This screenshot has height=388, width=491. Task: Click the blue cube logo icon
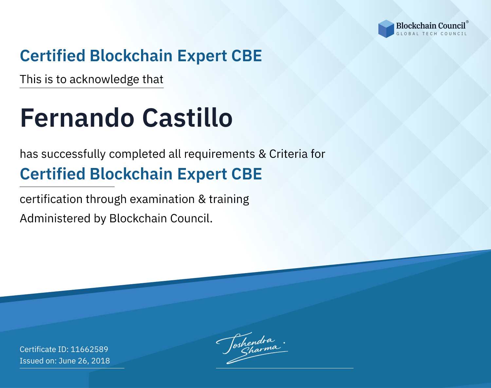tap(386, 29)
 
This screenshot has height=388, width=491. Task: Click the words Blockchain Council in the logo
tap(431, 26)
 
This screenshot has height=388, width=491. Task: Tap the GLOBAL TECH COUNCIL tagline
tap(432, 34)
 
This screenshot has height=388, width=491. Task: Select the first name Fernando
tap(77, 118)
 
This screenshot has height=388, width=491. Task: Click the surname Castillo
tap(187, 118)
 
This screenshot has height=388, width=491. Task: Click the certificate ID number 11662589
tap(89, 349)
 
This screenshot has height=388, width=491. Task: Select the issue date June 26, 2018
tap(84, 360)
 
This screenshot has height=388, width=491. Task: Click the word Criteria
tap(288, 154)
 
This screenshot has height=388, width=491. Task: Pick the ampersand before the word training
tap(202, 199)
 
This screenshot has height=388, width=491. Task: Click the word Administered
tap(55, 218)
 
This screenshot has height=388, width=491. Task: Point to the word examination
tap(162, 199)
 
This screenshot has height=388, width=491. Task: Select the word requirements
tap(220, 154)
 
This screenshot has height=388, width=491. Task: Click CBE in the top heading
tap(246, 56)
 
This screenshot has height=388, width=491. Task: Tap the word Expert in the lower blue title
tap(202, 174)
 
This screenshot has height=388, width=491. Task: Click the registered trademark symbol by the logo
tap(467, 22)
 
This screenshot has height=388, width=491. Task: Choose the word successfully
tap(73, 154)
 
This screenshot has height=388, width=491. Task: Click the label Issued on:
tap(38, 360)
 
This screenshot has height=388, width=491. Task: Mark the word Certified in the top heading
tap(52, 56)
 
